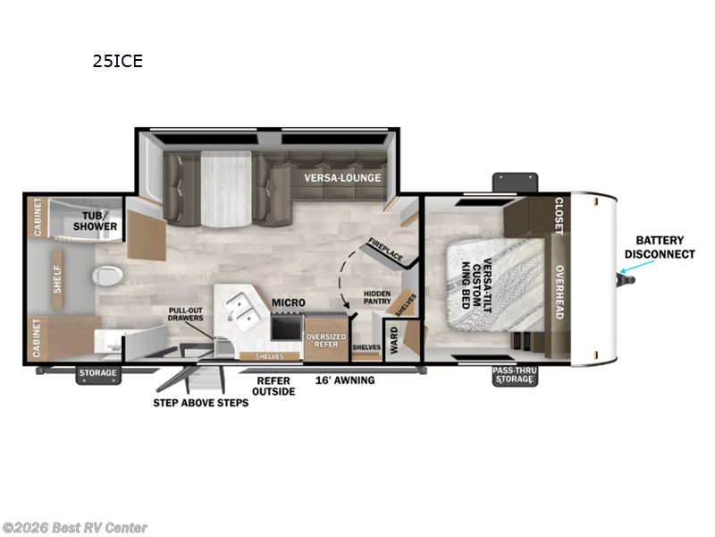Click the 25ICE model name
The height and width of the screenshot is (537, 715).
click(118, 62)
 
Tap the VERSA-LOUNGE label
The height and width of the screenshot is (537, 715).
click(342, 177)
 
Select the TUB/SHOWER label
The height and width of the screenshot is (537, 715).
click(101, 220)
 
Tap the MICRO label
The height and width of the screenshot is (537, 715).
click(288, 304)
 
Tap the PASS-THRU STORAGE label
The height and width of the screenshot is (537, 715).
click(516, 376)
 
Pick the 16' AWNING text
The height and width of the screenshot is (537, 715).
click(344, 380)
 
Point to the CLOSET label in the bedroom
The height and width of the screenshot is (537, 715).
click(559, 216)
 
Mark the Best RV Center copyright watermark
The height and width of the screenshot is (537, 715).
click(75, 528)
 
